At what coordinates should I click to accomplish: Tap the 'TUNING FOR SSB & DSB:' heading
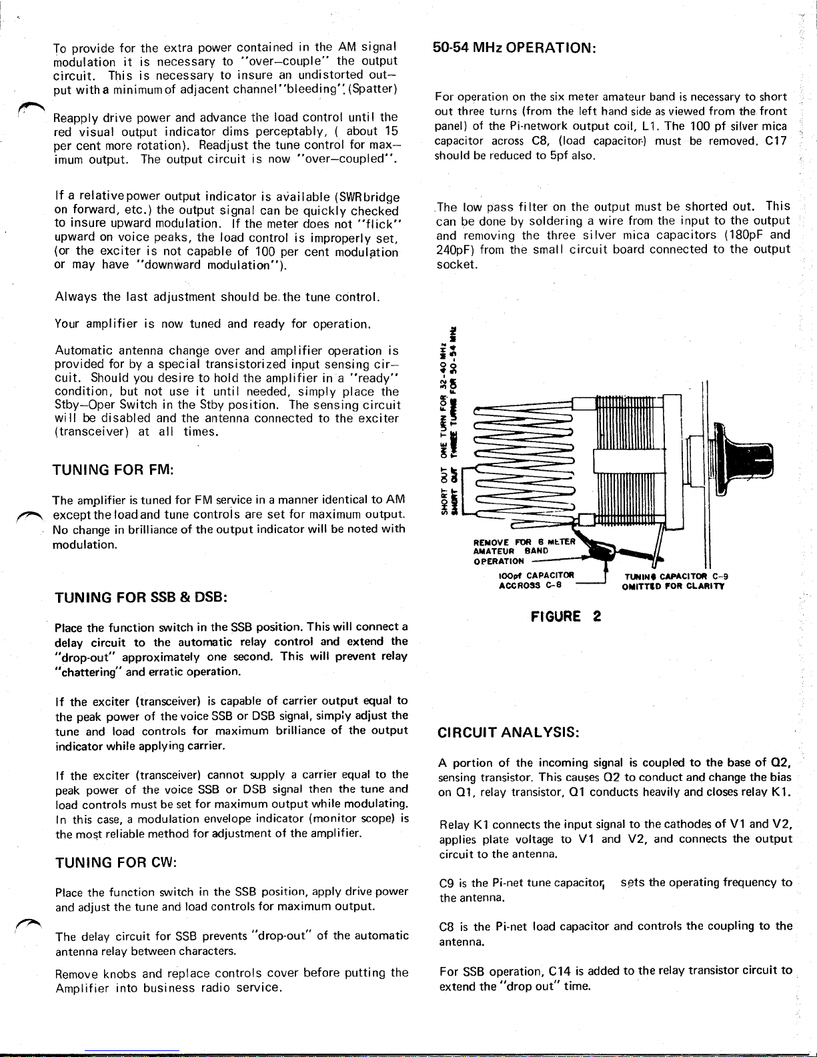pyautogui.click(x=141, y=597)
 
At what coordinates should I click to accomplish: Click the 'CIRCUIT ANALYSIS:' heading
pyautogui.click(x=510, y=732)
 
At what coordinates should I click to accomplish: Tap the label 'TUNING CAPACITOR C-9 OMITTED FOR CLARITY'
pyautogui.click(x=674, y=581)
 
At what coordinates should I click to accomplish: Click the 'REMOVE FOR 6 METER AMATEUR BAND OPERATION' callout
pyautogui.click(x=514, y=551)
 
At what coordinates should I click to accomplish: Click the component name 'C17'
pyautogui.click(x=776, y=141)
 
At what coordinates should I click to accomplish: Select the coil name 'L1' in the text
pyautogui.click(x=651, y=126)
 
